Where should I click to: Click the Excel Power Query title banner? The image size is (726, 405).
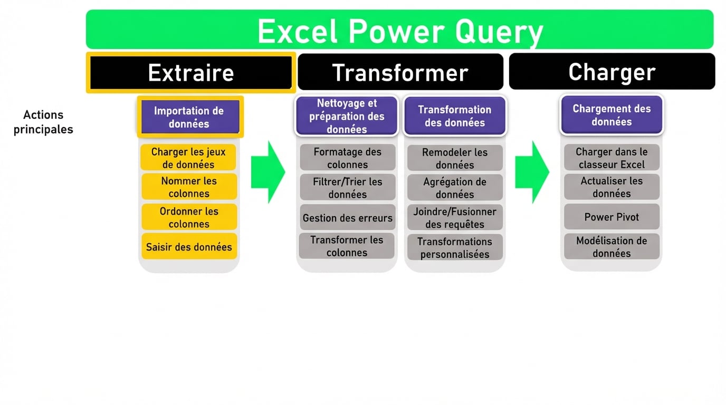399,30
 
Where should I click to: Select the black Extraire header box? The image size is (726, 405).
190,72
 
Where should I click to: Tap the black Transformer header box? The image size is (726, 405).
400,72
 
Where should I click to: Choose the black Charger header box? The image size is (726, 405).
612,72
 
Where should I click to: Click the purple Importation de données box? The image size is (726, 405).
189,117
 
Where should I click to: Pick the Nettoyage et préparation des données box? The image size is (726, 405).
347,116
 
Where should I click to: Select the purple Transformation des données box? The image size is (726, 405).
454,116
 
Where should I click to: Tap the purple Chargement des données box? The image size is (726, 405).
612,115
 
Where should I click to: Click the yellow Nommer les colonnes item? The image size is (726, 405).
189,187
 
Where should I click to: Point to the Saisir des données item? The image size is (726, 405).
189,247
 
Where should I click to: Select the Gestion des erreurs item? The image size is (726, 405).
347,218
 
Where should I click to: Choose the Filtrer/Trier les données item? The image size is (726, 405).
347,188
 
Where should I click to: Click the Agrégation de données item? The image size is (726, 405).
454,188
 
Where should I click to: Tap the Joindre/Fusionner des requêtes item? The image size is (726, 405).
454,218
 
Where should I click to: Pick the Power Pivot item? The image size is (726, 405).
612,217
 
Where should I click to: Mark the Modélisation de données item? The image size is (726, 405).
612,247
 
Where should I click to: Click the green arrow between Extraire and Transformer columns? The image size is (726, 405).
268,172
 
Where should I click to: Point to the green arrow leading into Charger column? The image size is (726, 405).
532,172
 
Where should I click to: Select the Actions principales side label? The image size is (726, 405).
43,122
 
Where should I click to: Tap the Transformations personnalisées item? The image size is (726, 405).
454,247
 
